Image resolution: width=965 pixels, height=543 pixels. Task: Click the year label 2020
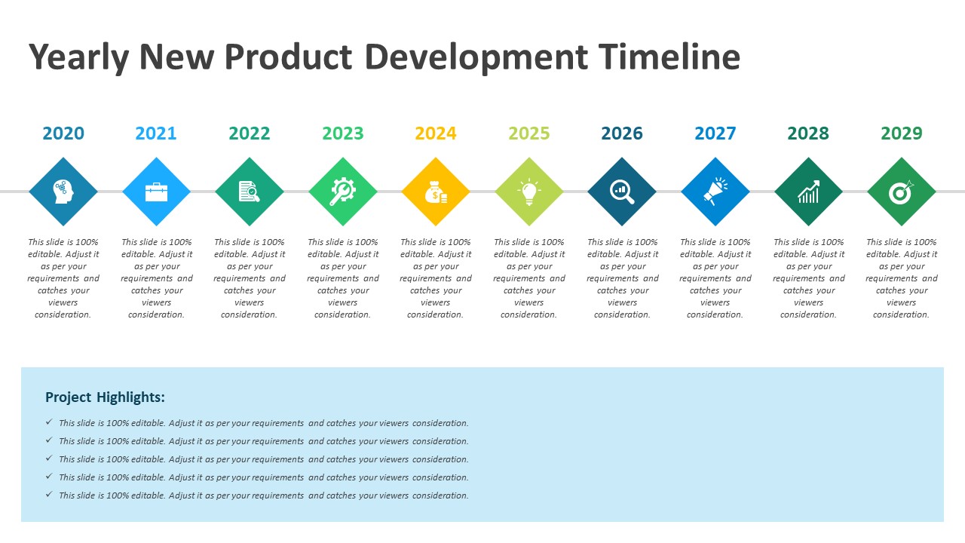point(63,133)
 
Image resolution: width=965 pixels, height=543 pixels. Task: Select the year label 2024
point(436,133)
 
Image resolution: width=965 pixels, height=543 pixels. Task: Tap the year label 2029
point(902,133)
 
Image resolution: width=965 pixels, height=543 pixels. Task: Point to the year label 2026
point(622,133)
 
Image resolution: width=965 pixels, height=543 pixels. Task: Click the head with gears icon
point(63,192)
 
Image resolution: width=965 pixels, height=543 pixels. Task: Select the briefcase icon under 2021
point(156,192)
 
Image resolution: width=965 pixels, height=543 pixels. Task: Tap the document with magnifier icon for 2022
point(250,192)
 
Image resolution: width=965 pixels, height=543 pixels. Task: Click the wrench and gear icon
point(343,192)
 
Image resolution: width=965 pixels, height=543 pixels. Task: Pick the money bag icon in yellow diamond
point(436,192)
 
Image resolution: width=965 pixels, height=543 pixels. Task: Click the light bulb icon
point(529,192)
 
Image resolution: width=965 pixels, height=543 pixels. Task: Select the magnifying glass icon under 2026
point(622,192)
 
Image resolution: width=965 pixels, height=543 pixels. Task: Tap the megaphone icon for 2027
point(715,192)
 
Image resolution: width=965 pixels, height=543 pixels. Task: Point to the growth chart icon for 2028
point(808,192)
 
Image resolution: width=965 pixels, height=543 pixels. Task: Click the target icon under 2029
point(902,192)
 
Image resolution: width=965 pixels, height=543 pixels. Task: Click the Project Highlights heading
point(105,397)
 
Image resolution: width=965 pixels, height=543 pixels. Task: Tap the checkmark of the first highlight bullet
point(49,422)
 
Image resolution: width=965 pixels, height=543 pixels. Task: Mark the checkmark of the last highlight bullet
point(49,495)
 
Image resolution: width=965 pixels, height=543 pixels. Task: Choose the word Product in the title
point(288,57)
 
